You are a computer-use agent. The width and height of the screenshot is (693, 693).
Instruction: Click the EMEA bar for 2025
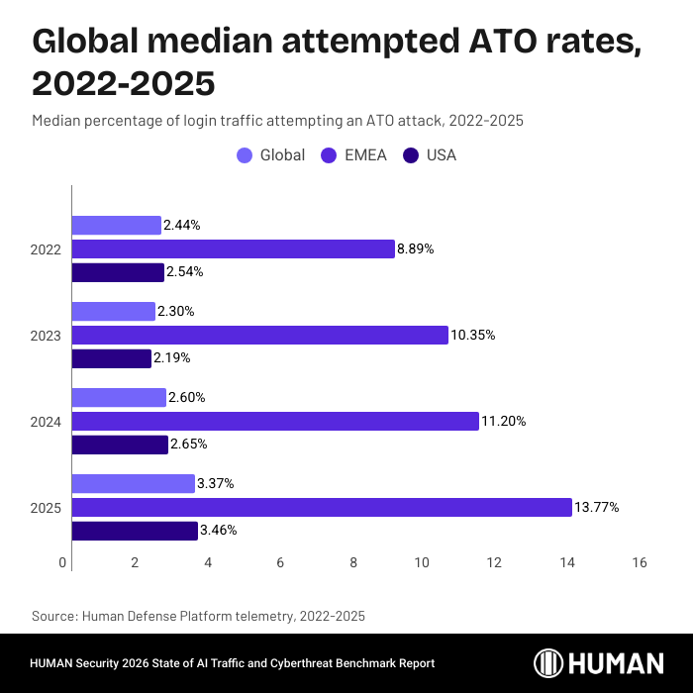point(322,508)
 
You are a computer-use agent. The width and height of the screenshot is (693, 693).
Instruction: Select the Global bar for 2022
point(117,226)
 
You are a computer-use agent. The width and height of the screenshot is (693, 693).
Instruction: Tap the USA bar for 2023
point(112,358)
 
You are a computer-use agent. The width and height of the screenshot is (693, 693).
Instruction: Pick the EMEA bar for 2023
point(260,336)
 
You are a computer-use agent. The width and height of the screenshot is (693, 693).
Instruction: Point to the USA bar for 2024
point(120,445)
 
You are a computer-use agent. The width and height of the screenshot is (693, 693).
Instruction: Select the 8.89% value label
point(417,248)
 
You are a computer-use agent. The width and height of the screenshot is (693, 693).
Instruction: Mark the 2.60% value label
point(189,398)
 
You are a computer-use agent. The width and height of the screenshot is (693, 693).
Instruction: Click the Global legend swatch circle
point(245,155)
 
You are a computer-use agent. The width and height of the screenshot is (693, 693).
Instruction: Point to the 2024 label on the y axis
point(47,422)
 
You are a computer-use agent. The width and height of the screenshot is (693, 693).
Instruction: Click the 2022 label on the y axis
point(47,249)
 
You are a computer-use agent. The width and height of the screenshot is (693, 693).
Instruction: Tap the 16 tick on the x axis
point(639,562)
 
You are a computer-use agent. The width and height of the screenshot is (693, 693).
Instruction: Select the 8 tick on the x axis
point(353,562)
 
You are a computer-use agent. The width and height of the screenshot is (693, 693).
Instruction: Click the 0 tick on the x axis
point(63,562)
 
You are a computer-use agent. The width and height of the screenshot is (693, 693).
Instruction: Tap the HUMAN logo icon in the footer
point(549,663)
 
